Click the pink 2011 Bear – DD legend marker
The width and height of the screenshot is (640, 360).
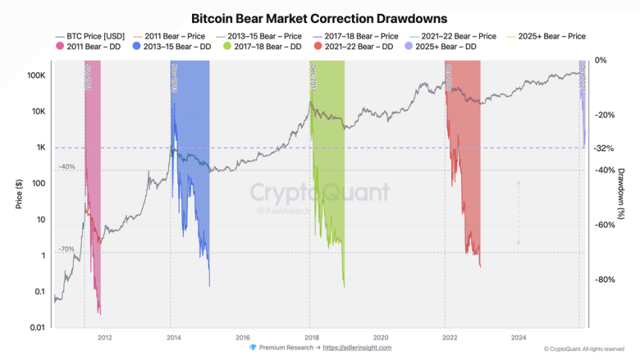click(60, 46)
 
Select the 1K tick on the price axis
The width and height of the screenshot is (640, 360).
click(40, 147)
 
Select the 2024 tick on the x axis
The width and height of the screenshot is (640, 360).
click(518, 336)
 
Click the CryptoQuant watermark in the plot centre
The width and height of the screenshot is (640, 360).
click(319, 193)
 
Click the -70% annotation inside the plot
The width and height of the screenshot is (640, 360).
click(67, 248)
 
